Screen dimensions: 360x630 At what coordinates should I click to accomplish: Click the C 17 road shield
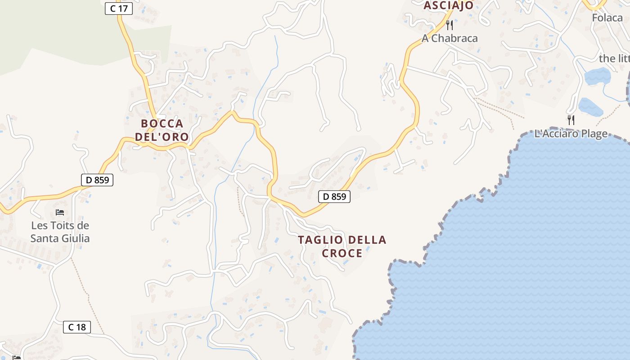119,8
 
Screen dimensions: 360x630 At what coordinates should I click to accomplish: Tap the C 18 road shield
77,327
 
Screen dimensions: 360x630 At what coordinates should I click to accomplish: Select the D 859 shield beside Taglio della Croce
334,197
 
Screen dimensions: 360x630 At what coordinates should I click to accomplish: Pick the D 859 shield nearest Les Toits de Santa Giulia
97,180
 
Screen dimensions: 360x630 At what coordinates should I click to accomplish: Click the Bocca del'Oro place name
162,130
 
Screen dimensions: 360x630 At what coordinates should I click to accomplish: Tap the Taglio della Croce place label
342,246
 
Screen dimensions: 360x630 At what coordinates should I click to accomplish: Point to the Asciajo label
449,5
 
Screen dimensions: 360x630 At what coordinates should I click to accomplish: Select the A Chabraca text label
450,38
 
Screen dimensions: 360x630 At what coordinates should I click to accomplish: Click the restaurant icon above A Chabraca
449,25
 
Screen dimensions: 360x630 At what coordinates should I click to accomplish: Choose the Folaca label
607,18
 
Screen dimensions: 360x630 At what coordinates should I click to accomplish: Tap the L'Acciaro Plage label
571,134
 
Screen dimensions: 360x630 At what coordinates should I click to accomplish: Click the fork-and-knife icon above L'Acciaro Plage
571,120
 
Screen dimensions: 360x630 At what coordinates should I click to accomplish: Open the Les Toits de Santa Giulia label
60,232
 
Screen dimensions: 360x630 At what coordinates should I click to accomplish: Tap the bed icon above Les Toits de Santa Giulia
60,212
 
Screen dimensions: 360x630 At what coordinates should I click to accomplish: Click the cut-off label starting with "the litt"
614,58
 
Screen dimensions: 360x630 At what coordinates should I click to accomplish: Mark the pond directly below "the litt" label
597,76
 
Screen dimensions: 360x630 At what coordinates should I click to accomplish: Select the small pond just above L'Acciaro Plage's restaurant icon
590,107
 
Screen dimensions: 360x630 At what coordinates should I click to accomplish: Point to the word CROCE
342,253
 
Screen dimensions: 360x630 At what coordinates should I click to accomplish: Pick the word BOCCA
162,124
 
